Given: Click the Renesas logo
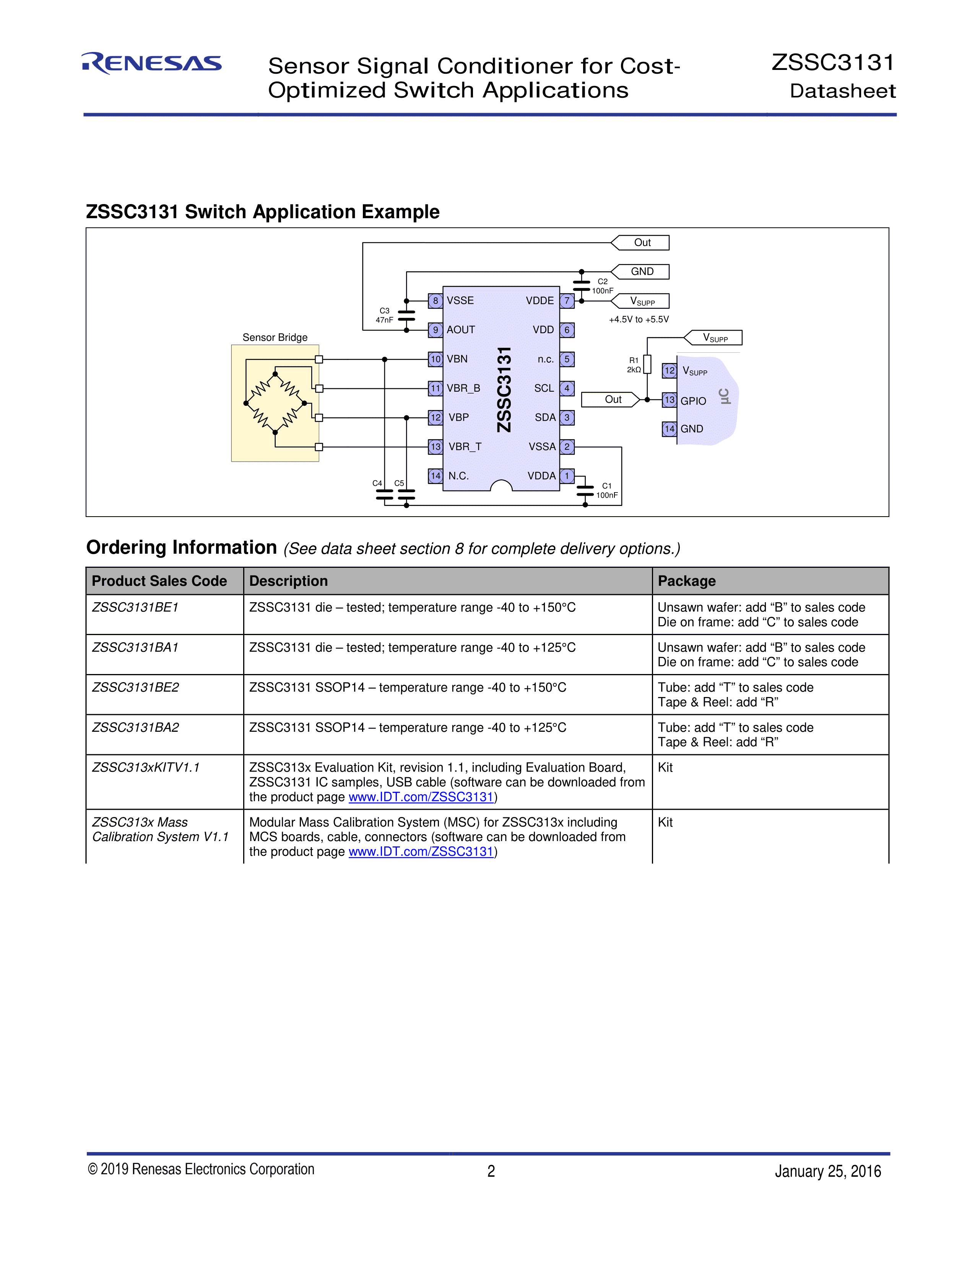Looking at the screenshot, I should (152, 63).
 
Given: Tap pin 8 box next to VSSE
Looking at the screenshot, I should (435, 301).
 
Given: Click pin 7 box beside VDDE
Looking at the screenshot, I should (567, 301).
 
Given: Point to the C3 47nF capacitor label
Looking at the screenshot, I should (384, 315).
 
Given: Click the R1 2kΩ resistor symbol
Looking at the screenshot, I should (647, 364).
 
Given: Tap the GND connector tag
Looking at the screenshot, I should (641, 271).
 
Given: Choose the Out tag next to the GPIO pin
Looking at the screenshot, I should (611, 400).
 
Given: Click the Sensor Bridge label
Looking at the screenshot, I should (275, 337).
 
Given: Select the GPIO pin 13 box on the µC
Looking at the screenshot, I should (669, 400).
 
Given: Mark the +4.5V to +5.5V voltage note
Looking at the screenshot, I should (639, 319).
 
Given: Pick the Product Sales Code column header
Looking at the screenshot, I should (159, 581).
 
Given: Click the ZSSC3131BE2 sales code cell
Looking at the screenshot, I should (136, 687).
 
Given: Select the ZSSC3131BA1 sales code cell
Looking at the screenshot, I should (136, 647).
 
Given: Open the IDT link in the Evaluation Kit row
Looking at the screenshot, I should (421, 797).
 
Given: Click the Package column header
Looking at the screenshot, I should (687, 581).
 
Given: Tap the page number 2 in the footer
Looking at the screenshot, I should (491, 1171).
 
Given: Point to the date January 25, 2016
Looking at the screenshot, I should (828, 1171).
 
